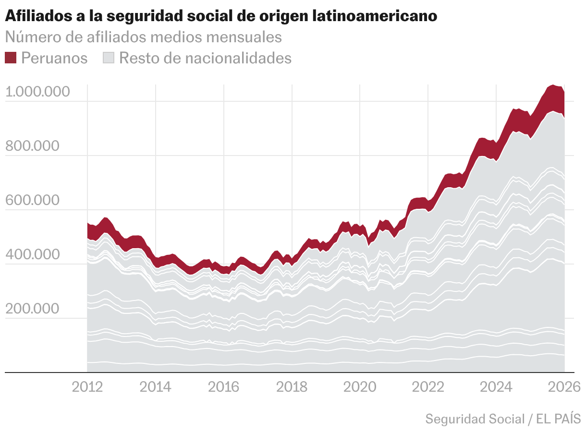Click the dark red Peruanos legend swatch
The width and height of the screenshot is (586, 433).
pyautogui.click(x=11, y=58)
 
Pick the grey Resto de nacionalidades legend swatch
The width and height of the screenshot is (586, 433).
pyautogui.click(x=109, y=58)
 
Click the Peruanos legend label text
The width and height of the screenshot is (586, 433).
pyautogui.click(x=55, y=58)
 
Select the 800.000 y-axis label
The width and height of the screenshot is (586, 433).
pyautogui.click(x=32, y=146)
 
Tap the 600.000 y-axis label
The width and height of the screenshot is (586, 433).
pyautogui.click(x=32, y=200)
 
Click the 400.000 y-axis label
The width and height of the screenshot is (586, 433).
pyautogui.click(x=32, y=254)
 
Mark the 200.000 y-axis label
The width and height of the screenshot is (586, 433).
pyautogui.click(x=32, y=309)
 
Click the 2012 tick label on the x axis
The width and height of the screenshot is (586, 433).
pyautogui.click(x=87, y=386)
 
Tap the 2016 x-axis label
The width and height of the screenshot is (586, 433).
pyautogui.click(x=224, y=386)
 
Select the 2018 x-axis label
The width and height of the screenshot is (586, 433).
pyautogui.click(x=292, y=386)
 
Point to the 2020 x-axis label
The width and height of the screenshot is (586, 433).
pyautogui.click(x=360, y=386)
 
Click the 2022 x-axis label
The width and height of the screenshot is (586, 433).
pyautogui.click(x=428, y=386)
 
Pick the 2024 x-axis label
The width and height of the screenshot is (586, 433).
pyautogui.click(x=496, y=386)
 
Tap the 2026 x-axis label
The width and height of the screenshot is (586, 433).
pyautogui.click(x=564, y=386)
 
